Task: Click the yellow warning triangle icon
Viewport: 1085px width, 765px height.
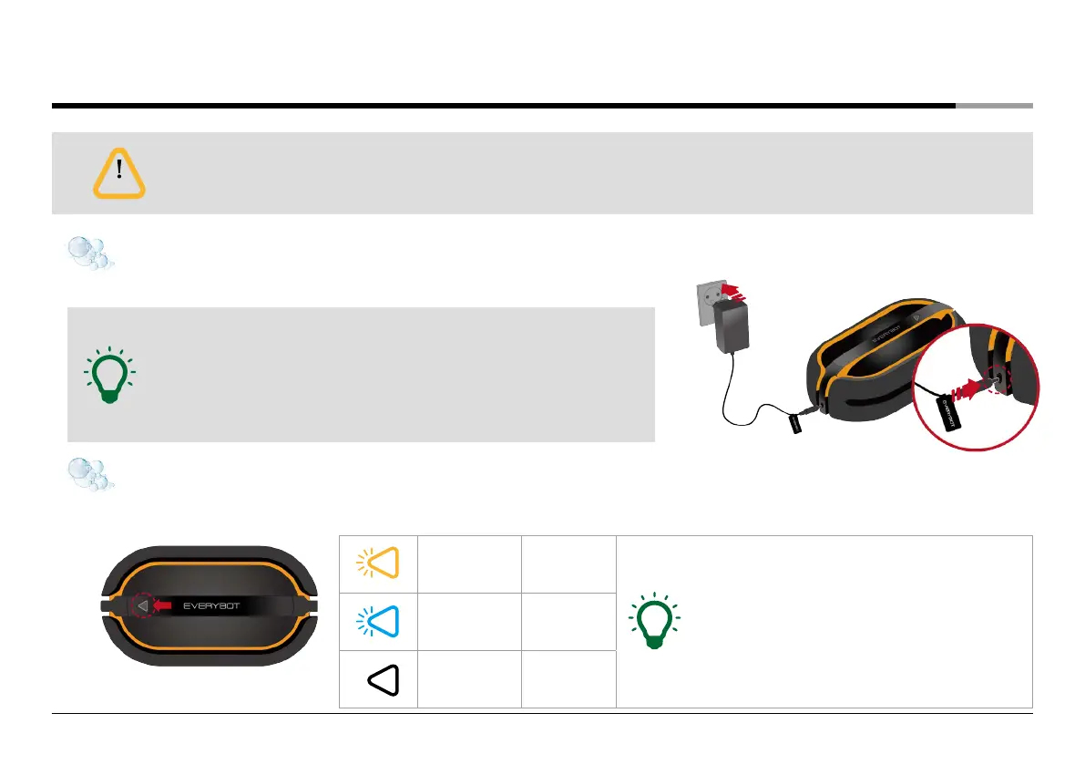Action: coord(119,172)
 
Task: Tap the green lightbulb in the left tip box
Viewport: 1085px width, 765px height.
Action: coord(108,375)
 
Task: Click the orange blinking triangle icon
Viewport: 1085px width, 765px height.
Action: coord(380,563)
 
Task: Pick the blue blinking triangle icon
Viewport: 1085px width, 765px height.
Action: coord(380,621)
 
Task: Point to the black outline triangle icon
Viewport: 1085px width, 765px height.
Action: coord(384,679)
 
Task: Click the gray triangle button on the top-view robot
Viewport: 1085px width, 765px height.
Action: coord(142,604)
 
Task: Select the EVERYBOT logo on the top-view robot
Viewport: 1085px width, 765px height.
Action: coord(219,604)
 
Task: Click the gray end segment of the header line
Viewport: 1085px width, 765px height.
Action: coord(994,106)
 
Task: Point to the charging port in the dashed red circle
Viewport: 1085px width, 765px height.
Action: coord(1000,382)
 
